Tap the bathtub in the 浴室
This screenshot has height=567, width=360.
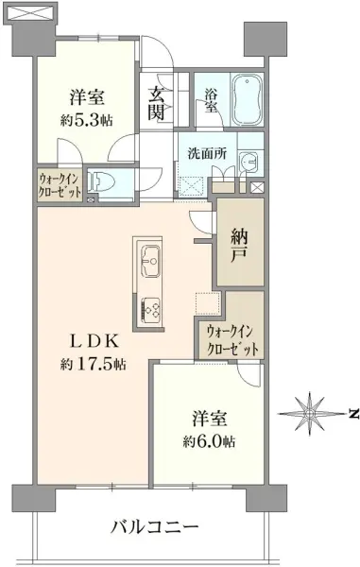tap(247, 100)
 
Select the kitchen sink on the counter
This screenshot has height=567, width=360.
tap(149, 260)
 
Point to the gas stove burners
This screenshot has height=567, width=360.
tap(150, 310)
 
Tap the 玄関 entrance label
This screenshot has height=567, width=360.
tap(156, 104)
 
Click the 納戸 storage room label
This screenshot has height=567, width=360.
tap(239, 247)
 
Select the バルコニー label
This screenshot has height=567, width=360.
tap(155, 527)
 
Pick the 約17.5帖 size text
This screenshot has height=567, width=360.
tap(94, 365)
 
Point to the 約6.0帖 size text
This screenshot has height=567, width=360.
tap(209, 441)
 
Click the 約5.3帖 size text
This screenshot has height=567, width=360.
tap(87, 120)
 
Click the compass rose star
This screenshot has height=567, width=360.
tap(310, 413)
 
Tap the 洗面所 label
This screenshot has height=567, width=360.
tap(207, 154)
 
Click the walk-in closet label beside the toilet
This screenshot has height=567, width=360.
tap(60, 185)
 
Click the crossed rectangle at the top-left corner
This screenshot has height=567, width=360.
tap(31, 12)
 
